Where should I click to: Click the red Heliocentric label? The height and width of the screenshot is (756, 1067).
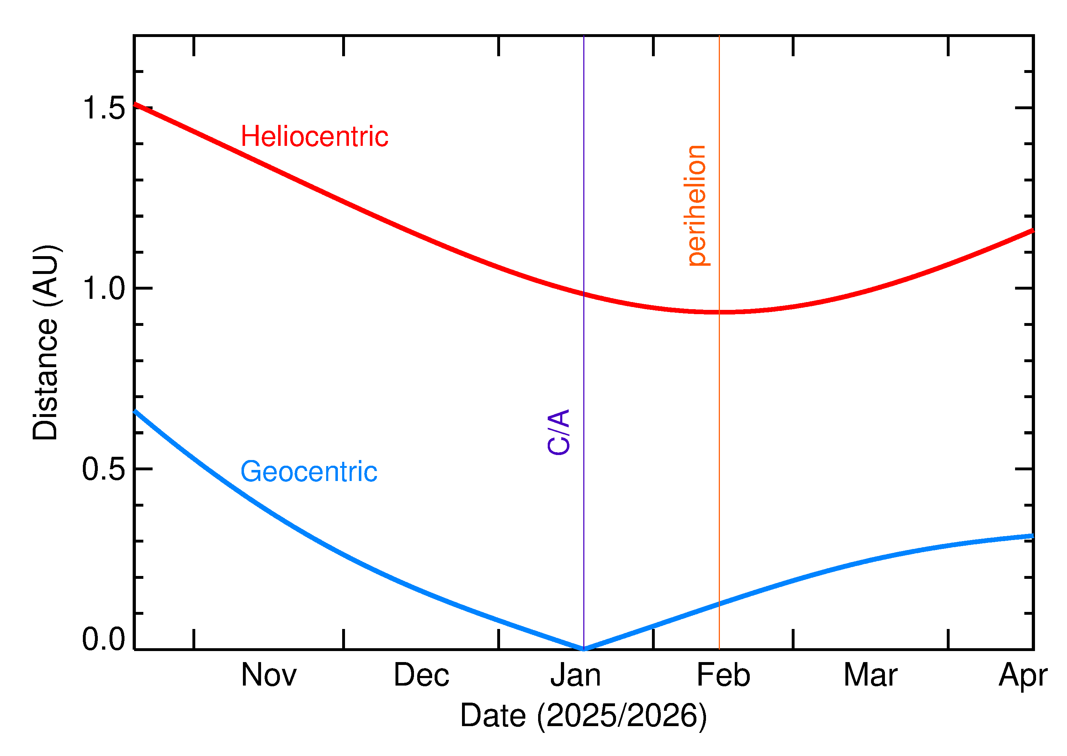click(314, 137)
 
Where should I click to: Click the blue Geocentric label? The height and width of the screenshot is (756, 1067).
click(308, 472)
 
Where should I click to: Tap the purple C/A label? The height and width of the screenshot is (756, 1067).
click(559, 432)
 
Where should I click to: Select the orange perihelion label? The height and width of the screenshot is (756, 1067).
click(697, 206)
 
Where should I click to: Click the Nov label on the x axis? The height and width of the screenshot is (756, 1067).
click(269, 675)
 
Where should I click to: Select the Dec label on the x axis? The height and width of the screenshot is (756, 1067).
click(421, 675)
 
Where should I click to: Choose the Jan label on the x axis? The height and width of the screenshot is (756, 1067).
click(575, 675)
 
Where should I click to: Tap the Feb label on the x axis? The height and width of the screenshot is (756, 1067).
click(723, 675)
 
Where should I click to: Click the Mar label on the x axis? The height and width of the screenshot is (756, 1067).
click(870, 675)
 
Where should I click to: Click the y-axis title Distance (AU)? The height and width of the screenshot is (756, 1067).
click(45, 342)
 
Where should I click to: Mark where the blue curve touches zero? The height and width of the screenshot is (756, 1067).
click(584, 649)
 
